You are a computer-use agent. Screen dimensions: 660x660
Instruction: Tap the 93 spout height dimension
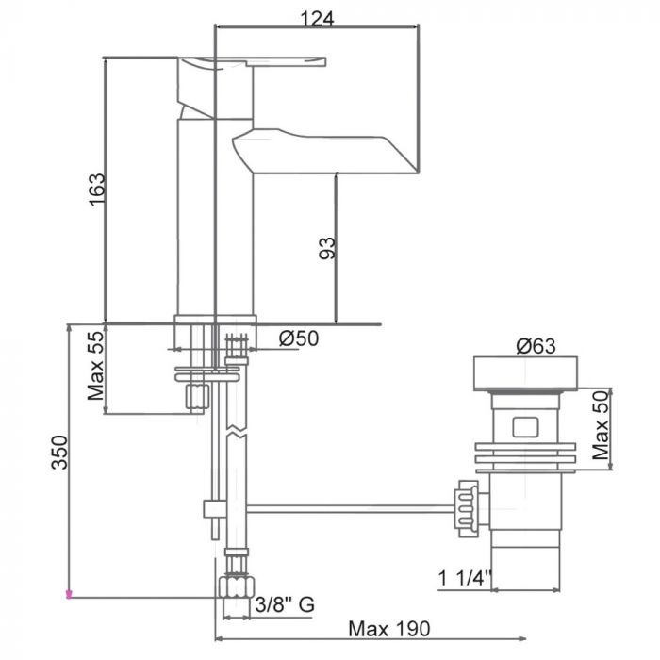(x=326, y=248)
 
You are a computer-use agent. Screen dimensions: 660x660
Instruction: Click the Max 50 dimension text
(x=599, y=426)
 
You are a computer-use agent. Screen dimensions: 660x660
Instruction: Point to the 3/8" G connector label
(x=285, y=606)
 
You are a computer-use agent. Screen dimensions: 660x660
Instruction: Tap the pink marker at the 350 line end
(x=68, y=595)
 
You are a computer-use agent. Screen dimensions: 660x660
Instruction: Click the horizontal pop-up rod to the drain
(x=349, y=509)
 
